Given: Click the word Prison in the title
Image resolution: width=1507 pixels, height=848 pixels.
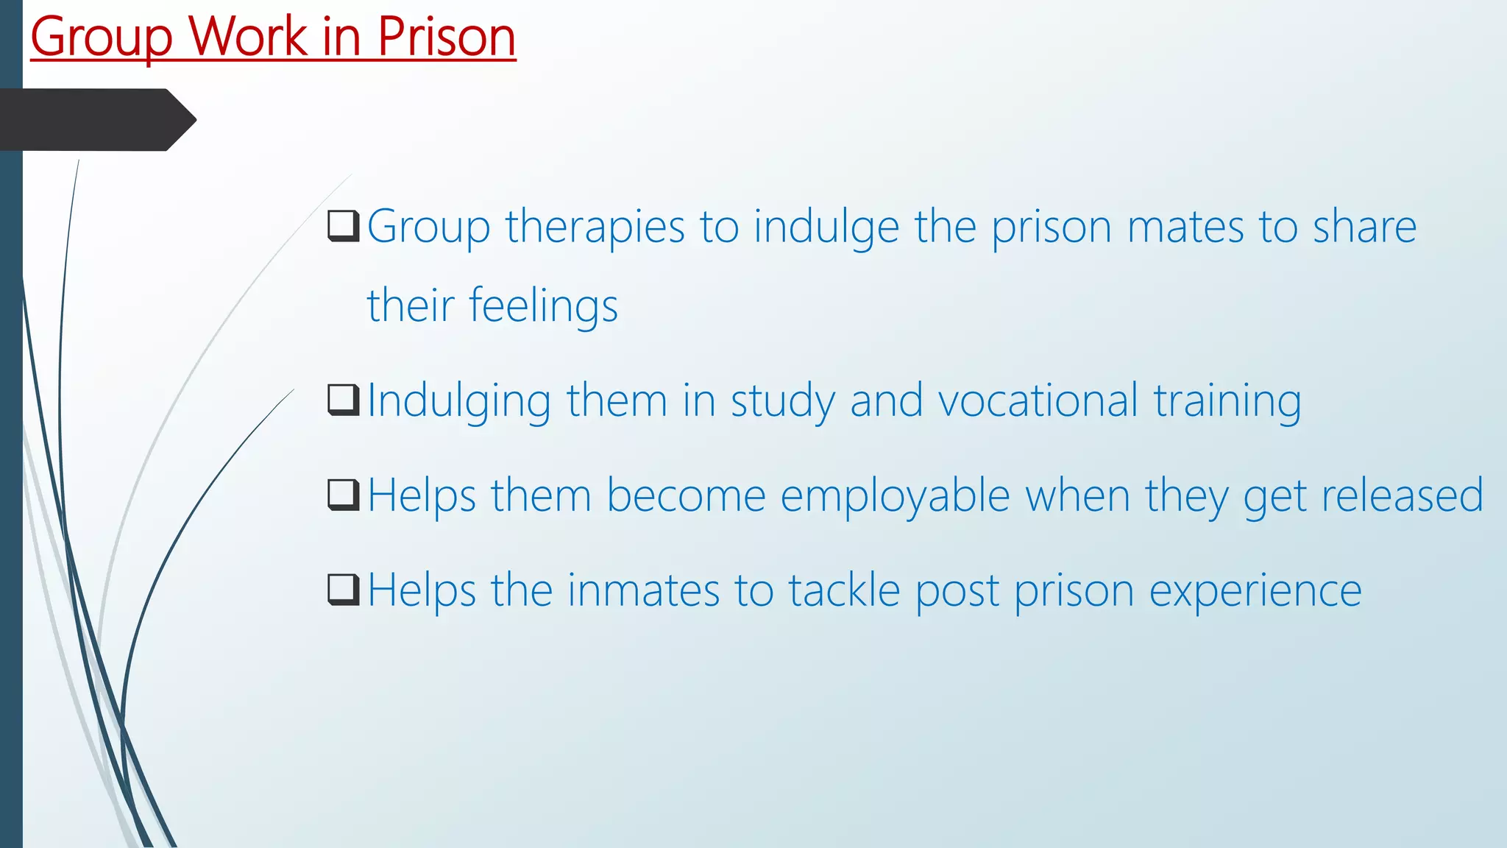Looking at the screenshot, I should point(447,37).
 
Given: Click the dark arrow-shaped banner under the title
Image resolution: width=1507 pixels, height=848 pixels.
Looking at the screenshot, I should point(96,120).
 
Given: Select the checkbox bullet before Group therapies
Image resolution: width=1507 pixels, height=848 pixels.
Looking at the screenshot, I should point(344,226).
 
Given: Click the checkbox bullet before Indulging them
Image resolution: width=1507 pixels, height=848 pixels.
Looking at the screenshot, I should point(344,400).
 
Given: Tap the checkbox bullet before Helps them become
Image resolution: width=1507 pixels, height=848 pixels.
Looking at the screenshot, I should point(344,495).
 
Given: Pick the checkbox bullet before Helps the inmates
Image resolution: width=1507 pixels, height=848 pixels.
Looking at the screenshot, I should point(344,590).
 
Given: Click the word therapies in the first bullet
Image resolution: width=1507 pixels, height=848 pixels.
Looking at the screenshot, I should point(595,227).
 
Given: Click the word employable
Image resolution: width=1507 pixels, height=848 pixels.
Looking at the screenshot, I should point(895,496).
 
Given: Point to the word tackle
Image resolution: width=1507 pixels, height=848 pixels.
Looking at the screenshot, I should point(844,590).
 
